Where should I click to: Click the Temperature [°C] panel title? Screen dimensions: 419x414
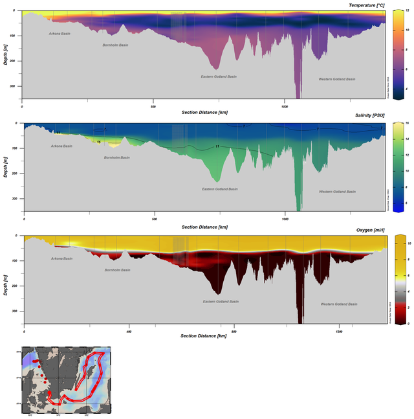pos(366,5)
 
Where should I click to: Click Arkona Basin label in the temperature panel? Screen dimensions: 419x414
pos(61,33)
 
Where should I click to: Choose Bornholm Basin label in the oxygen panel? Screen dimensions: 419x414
pos(117,269)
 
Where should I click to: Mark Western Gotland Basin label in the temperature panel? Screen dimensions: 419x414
pos(337,79)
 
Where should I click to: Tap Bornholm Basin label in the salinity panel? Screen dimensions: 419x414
pos(117,157)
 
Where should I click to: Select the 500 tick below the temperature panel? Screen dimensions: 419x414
pos(153,104)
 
